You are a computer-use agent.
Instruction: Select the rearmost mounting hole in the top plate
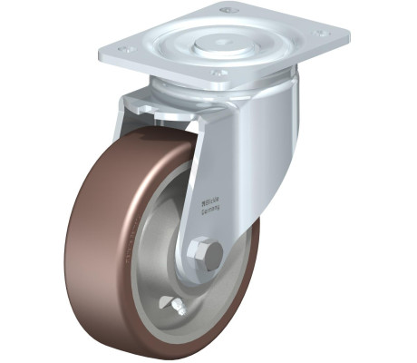229,10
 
